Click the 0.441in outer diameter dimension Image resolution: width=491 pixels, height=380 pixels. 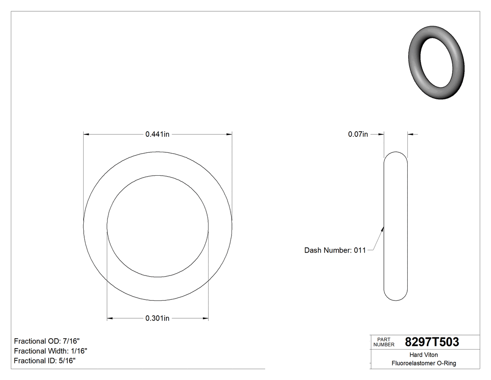pyautogui.click(x=157, y=134)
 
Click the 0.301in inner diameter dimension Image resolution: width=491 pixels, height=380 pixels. pyautogui.click(x=157, y=319)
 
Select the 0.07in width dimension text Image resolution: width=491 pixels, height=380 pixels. pyautogui.click(x=358, y=134)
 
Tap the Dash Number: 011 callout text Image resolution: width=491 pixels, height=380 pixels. pyautogui.click(x=335, y=250)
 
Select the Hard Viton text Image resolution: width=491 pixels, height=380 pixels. pyautogui.click(x=424, y=355)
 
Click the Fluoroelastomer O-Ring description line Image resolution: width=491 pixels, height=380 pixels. pyautogui.click(x=424, y=363)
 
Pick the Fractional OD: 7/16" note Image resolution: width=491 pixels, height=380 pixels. pyautogui.click(x=43, y=341)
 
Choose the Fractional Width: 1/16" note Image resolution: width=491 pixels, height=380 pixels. pyautogui.click(x=51, y=351)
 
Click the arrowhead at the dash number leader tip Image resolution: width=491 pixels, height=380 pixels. pyautogui.click(x=383, y=229)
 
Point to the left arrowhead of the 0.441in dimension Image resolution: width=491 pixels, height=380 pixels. pyautogui.click(x=86, y=134)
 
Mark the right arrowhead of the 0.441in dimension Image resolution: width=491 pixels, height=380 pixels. pyautogui.click(x=230, y=134)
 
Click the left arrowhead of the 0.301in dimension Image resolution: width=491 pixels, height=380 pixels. pyautogui.click(x=110, y=319)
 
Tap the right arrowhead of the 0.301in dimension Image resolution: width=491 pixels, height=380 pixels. pyautogui.click(x=206, y=319)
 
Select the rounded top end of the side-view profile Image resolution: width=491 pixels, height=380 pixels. pyautogui.click(x=396, y=155)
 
